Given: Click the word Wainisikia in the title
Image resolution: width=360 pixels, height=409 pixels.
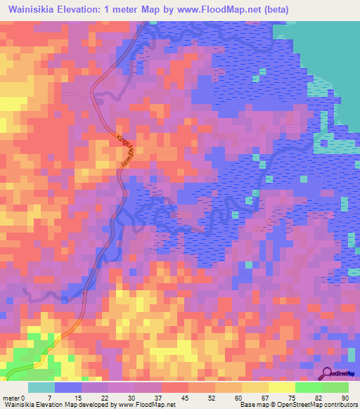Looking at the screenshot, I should (x=33, y=9).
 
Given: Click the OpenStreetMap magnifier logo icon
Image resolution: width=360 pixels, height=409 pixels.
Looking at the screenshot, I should (x=326, y=372).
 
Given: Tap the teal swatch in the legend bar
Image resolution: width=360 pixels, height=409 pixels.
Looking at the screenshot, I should (x=41, y=387).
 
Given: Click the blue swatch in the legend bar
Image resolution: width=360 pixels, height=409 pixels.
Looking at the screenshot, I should (x=68, y=387).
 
